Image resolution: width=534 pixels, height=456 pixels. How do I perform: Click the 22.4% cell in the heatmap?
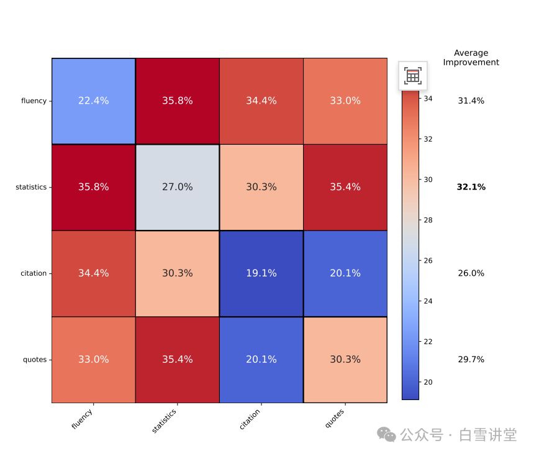[x=93, y=101]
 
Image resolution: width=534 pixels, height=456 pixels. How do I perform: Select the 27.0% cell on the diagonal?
[x=178, y=187]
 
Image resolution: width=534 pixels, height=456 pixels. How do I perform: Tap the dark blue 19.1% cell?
[x=261, y=273]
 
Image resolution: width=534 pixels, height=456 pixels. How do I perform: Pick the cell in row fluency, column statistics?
[x=178, y=101]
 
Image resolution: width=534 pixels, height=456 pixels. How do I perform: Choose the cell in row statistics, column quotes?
[x=345, y=187]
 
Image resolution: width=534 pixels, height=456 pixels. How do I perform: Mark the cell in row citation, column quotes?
[x=345, y=273]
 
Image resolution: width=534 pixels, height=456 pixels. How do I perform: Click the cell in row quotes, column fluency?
[x=93, y=360]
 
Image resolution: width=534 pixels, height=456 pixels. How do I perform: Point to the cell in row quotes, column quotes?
[x=345, y=360]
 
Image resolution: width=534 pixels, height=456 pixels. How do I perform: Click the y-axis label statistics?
[x=31, y=187]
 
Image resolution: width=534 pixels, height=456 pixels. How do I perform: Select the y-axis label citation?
[x=34, y=273]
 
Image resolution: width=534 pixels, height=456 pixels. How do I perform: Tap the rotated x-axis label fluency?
[x=83, y=419]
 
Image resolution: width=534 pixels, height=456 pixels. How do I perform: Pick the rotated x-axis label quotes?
[x=335, y=418]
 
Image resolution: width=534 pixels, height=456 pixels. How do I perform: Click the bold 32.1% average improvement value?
[x=471, y=187]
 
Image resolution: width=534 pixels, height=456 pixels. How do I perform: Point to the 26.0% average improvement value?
[x=471, y=273]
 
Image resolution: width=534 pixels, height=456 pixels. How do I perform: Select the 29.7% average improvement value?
[x=471, y=360]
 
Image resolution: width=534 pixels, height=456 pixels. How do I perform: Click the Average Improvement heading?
[x=471, y=58]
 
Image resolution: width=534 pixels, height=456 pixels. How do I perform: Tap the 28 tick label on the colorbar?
[x=428, y=220]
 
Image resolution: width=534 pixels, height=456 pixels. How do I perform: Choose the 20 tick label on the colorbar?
[x=428, y=382]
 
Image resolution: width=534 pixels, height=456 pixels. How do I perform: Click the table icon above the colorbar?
[x=413, y=76]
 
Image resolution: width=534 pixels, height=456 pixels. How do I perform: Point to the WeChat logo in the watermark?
[x=387, y=435]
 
